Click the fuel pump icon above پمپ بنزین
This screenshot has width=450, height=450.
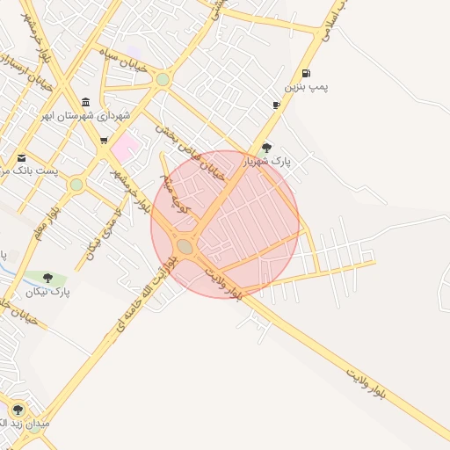(x=305, y=73)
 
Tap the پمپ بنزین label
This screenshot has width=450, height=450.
(x=305, y=87)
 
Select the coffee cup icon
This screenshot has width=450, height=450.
(x=277, y=105)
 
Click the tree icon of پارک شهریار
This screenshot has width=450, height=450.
(x=267, y=148)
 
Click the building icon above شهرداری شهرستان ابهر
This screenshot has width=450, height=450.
(x=85, y=102)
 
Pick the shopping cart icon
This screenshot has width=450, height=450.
(x=104, y=140)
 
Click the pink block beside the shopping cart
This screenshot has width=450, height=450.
(x=125, y=146)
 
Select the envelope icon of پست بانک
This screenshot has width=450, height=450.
(x=21, y=157)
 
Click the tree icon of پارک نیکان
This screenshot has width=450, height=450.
(x=47, y=278)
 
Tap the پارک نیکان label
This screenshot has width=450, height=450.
(x=47, y=291)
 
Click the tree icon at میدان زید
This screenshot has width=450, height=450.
(x=18, y=410)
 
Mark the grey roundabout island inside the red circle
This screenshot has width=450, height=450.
(x=185, y=247)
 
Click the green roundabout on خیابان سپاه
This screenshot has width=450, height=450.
(x=162, y=80)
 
